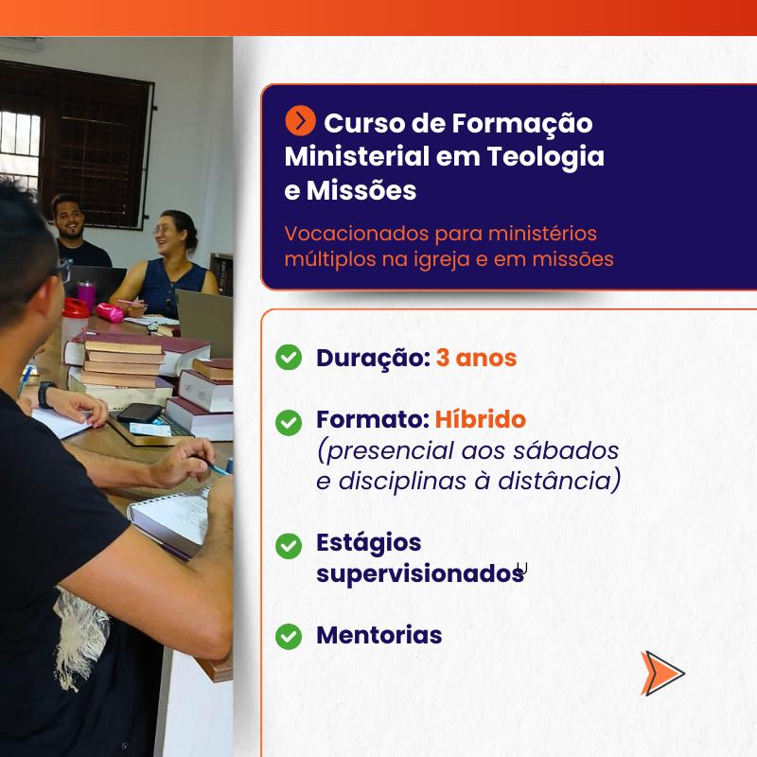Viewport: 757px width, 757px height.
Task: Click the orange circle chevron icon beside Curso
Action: click(x=300, y=121)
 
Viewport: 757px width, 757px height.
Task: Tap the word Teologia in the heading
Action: click(x=546, y=157)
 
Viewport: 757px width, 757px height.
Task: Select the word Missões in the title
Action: click(x=361, y=190)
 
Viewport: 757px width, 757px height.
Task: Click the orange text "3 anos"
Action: click(x=477, y=358)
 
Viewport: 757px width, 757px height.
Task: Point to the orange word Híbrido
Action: click(x=481, y=419)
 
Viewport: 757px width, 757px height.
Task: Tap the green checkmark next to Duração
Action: click(x=289, y=358)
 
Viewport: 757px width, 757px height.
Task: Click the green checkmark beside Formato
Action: click(x=289, y=422)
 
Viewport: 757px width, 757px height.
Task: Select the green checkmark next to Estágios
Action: click(x=289, y=546)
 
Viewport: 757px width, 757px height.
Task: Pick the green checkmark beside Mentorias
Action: click(x=289, y=636)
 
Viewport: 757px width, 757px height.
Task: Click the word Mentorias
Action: click(x=379, y=635)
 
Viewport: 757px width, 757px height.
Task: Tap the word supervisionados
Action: click(x=420, y=574)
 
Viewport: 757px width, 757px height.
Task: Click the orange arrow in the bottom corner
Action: click(x=661, y=673)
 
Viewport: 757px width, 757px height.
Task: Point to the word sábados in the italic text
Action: click(x=566, y=450)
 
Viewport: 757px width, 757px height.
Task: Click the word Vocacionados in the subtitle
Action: click(x=357, y=234)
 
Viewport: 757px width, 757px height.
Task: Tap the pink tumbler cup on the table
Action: click(x=87, y=295)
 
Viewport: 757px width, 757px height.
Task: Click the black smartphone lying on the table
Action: click(x=139, y=413)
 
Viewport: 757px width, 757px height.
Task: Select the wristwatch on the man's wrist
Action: click(x=45, y=395)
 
